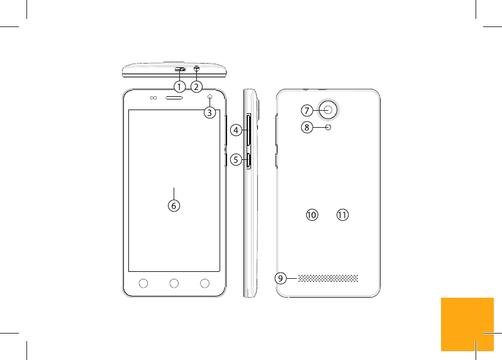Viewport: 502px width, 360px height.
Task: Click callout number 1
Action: (179, 86)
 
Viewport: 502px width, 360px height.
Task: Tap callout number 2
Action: (197, 86)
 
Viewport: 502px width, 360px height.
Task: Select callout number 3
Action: (209, 113)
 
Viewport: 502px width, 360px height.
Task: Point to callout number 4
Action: (235, 130)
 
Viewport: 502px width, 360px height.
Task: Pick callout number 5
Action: (235, 160)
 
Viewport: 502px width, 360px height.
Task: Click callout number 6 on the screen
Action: (174, 205)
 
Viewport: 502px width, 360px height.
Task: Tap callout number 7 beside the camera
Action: (306, 110)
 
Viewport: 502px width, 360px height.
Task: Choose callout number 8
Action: (306, 128)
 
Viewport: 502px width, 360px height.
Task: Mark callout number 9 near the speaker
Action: (281, 278)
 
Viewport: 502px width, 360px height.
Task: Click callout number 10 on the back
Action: (311, 215)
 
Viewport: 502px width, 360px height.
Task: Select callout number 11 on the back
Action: (342, 215)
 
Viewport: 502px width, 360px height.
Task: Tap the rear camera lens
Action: (330, 110)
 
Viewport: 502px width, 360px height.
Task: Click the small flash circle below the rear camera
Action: (329, 128)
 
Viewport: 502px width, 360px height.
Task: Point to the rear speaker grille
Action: (328, 278)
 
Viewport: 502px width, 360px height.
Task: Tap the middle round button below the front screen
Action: (174, 283)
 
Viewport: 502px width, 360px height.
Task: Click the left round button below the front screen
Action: (143, 283)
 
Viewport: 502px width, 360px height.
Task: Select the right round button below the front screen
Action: (204, 283)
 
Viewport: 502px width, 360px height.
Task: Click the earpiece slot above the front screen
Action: (174, 98)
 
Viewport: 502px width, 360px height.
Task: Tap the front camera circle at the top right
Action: (209, 98)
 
